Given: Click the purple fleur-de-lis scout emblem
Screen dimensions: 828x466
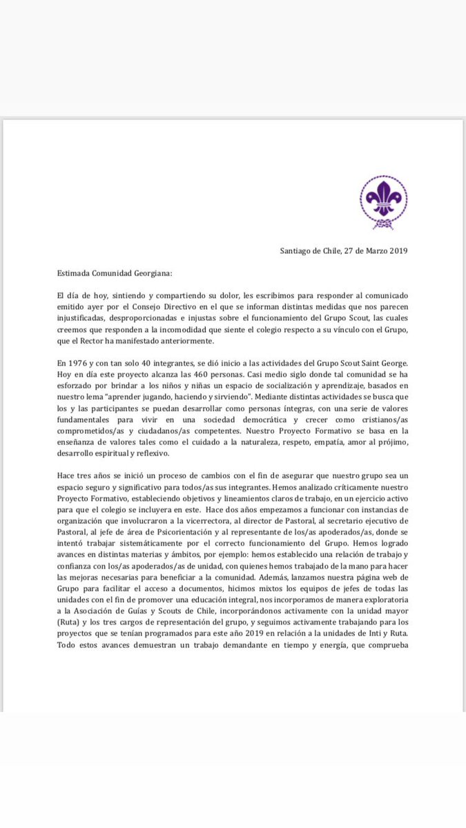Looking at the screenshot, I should pos(384,199).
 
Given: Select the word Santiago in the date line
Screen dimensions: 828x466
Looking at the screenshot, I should pos(298,250).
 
